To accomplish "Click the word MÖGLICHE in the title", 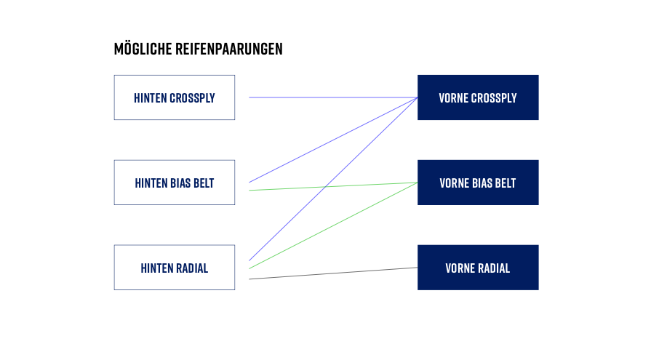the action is tap(143, 48).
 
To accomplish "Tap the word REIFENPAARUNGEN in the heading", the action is tap(229, 49).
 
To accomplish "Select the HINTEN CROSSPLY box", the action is tap(175, 97).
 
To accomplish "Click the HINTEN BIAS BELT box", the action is tap(175, 183).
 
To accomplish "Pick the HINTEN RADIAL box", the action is tap(175, 268).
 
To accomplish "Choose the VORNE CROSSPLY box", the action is tap(478, 97).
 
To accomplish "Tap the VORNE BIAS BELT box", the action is tap(478, 183).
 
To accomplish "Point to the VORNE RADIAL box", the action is tap(478, 268).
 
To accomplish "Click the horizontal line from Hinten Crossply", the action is tap(333, 97).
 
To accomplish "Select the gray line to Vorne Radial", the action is tap(333, 273).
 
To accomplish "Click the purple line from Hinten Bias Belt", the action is tap(333, 140).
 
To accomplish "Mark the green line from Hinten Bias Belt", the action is tap(333, 186).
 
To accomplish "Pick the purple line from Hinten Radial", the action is tap(333, 179).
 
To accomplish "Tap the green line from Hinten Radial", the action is tap(333, 225).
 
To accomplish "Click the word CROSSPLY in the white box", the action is tap(192, 98).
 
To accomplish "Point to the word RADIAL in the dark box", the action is tap(494, 268).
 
